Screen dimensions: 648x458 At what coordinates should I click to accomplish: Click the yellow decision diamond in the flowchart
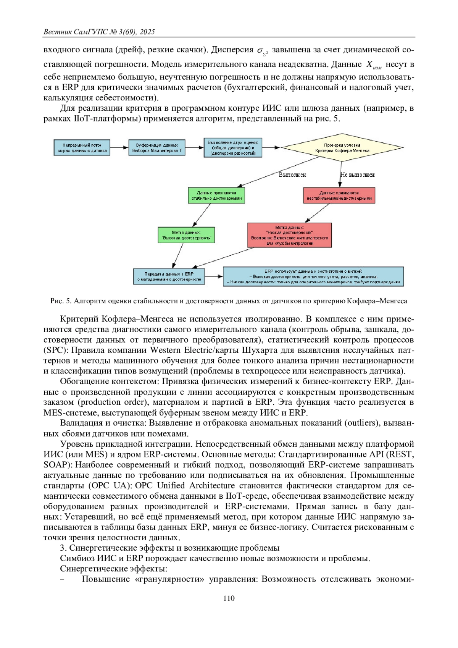click(342, 148)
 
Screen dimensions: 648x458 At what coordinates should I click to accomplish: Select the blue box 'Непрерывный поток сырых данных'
click(81, 148)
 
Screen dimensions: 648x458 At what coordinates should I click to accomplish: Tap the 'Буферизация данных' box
click(157, 148)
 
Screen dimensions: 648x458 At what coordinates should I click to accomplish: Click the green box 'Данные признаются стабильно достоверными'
click(216, 196)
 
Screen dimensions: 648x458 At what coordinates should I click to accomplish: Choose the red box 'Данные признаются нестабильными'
click(339, 196)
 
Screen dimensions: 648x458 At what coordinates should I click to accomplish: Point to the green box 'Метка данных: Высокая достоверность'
click(186, 235)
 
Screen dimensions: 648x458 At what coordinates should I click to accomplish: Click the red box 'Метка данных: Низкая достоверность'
click(289, 235)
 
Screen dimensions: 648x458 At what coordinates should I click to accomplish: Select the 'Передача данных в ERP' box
click(169, 276)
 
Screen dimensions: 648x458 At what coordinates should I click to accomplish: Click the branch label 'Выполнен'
click(292, 175)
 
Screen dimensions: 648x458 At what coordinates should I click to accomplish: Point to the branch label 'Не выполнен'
click(357, 175)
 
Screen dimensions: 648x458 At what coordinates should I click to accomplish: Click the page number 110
click(229, 598)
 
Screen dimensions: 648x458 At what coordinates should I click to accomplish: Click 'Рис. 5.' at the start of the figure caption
click(61, 301)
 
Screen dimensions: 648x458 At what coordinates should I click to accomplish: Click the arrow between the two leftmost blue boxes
click(119, 148)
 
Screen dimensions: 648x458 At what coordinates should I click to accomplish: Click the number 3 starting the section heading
click(63, 548)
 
